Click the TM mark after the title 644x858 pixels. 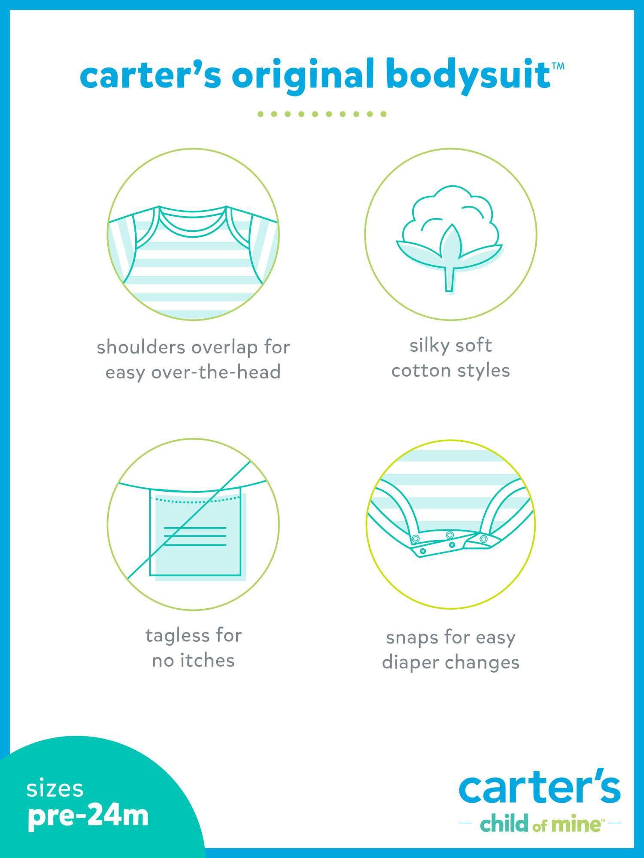click(558, 66)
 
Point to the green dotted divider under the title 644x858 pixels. click(322, 114)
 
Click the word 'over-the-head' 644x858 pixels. click(216, 372)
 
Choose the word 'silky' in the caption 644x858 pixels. click(428, 346)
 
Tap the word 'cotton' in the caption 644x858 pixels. click(420, 371)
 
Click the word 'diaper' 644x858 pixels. click(410, 663)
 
